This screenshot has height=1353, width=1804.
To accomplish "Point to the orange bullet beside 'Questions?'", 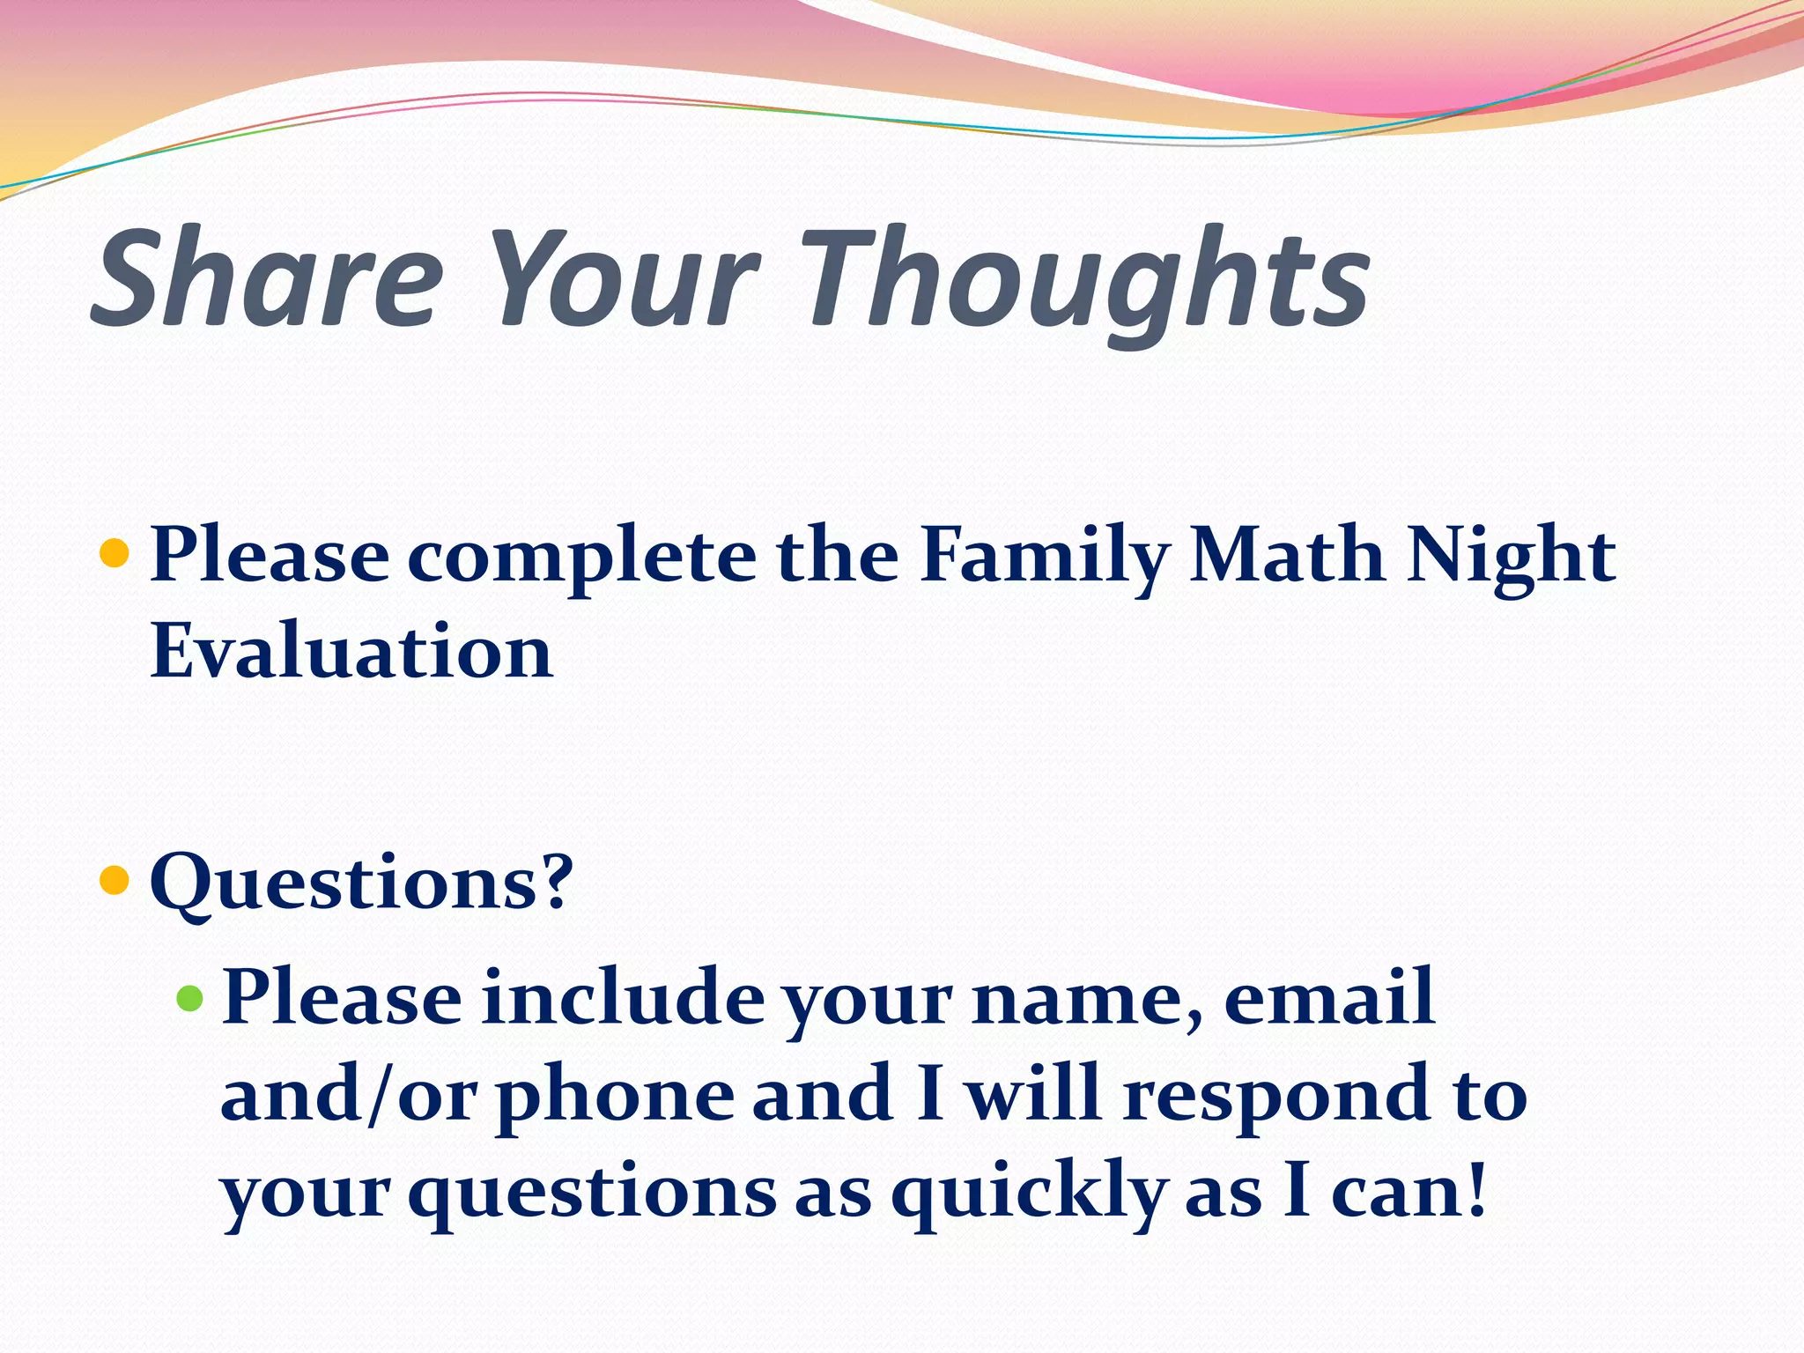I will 115,879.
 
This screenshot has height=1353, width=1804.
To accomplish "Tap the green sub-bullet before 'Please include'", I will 189,998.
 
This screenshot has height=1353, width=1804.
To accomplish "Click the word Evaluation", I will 351,651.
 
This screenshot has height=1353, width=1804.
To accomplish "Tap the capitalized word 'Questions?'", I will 361,883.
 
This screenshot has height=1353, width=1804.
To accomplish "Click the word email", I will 1329,998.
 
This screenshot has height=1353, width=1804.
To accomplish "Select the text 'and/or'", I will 348,1095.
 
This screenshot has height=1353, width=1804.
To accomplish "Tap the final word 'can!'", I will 1408,1192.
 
